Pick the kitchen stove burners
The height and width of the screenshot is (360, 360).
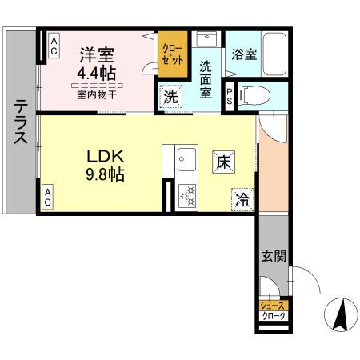pyautogui.click(x=189, y=197)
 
